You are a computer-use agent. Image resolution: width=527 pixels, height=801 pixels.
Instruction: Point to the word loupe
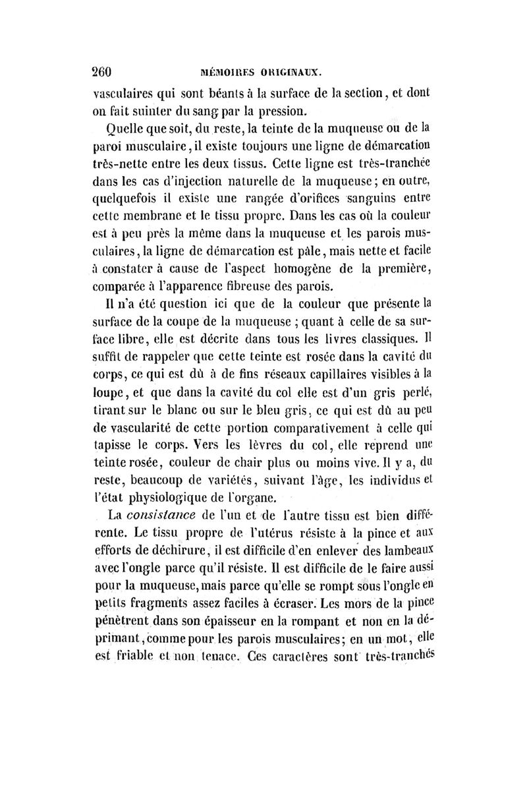coord(109,397)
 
